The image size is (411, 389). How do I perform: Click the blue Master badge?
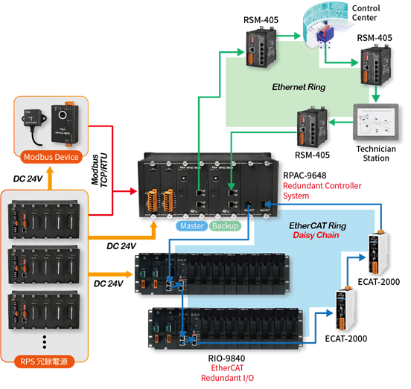tap(192, 225)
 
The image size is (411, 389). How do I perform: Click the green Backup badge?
tap(225, 225)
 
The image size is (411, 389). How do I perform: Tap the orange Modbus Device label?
tap(51, 157)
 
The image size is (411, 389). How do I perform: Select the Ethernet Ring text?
tap(299, 87)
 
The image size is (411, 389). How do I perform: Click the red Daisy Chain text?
tap(316, 235)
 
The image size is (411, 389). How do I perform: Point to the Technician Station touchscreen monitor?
tap(376, 122)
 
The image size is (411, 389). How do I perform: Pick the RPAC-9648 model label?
tap(305, 175)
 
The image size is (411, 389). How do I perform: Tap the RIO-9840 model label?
tap(226, 358)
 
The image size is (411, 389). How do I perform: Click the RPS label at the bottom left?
tap(44, 361)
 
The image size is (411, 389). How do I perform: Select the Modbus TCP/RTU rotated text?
tap(99, 170)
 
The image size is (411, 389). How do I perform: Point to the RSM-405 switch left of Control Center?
tap(261, 48)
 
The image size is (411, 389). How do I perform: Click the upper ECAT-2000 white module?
tap(377, 252)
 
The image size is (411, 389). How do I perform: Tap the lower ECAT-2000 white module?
tap(345, 308)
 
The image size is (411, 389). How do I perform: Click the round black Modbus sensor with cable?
tap(34, 123)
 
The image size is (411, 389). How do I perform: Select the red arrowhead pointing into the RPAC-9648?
tap(133, 191)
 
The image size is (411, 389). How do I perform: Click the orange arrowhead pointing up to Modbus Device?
tap(50, 170)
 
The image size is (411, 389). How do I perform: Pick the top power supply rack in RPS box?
tap(44, 220)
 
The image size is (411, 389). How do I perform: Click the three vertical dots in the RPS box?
tap(44, 341)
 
